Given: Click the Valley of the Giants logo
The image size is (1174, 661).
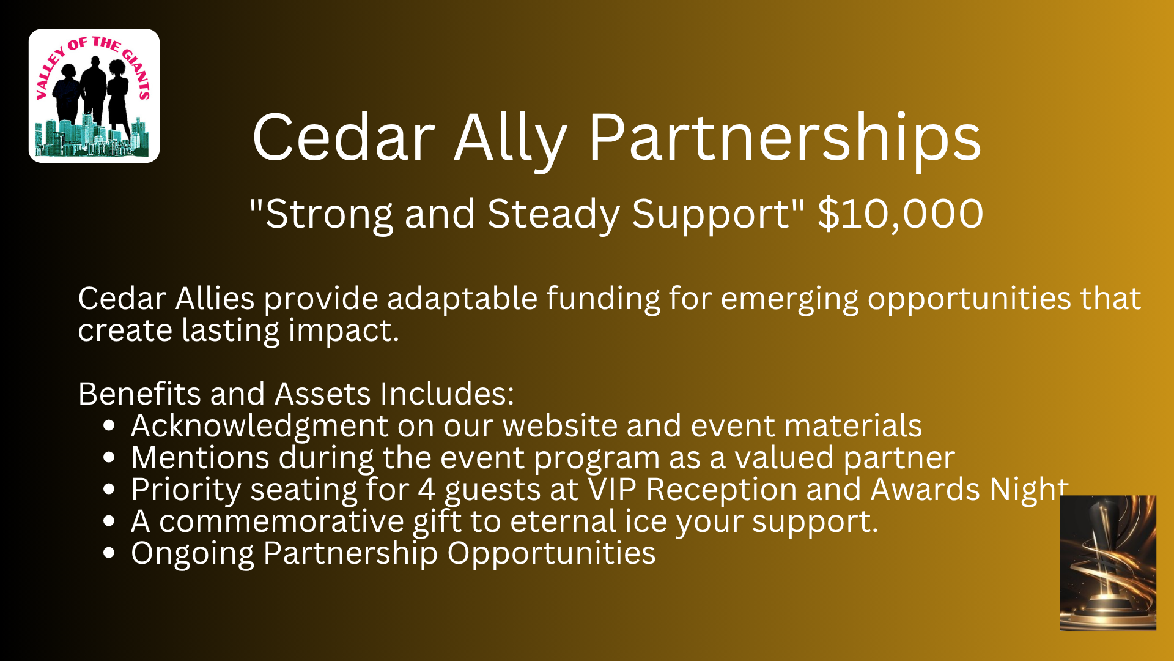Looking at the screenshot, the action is click(94, 96).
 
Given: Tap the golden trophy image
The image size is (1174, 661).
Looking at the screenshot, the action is click(1108, 563).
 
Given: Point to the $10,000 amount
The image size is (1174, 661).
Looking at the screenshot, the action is click(901, 214).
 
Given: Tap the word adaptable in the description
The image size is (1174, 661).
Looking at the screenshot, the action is click(462, 299).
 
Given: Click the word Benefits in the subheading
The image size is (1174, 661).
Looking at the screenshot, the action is click(139, 393).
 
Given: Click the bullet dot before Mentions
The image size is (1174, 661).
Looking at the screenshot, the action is click(109, 457).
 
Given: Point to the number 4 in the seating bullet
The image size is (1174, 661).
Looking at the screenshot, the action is click(427, 490).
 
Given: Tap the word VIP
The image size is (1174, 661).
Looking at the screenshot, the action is click(612, 490).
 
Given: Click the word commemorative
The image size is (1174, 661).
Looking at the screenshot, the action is click(281, 521).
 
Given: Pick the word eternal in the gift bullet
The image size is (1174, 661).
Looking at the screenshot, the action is click(563, 521).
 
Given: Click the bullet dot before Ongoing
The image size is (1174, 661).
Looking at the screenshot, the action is click(109, 553).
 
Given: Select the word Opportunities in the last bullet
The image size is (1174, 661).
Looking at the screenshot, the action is click(552, 554).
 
